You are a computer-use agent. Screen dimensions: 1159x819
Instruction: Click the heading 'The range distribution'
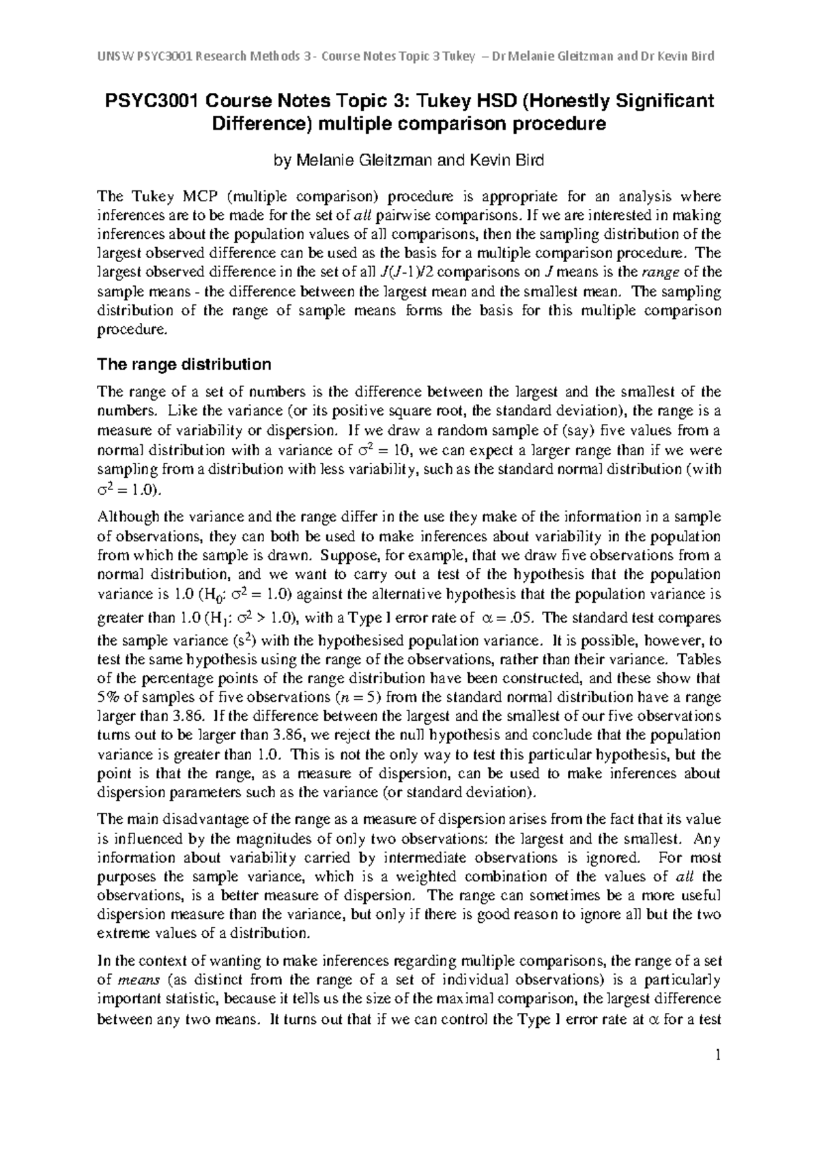(184, 364)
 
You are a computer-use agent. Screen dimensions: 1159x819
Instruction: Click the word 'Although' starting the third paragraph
(128, 517)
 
